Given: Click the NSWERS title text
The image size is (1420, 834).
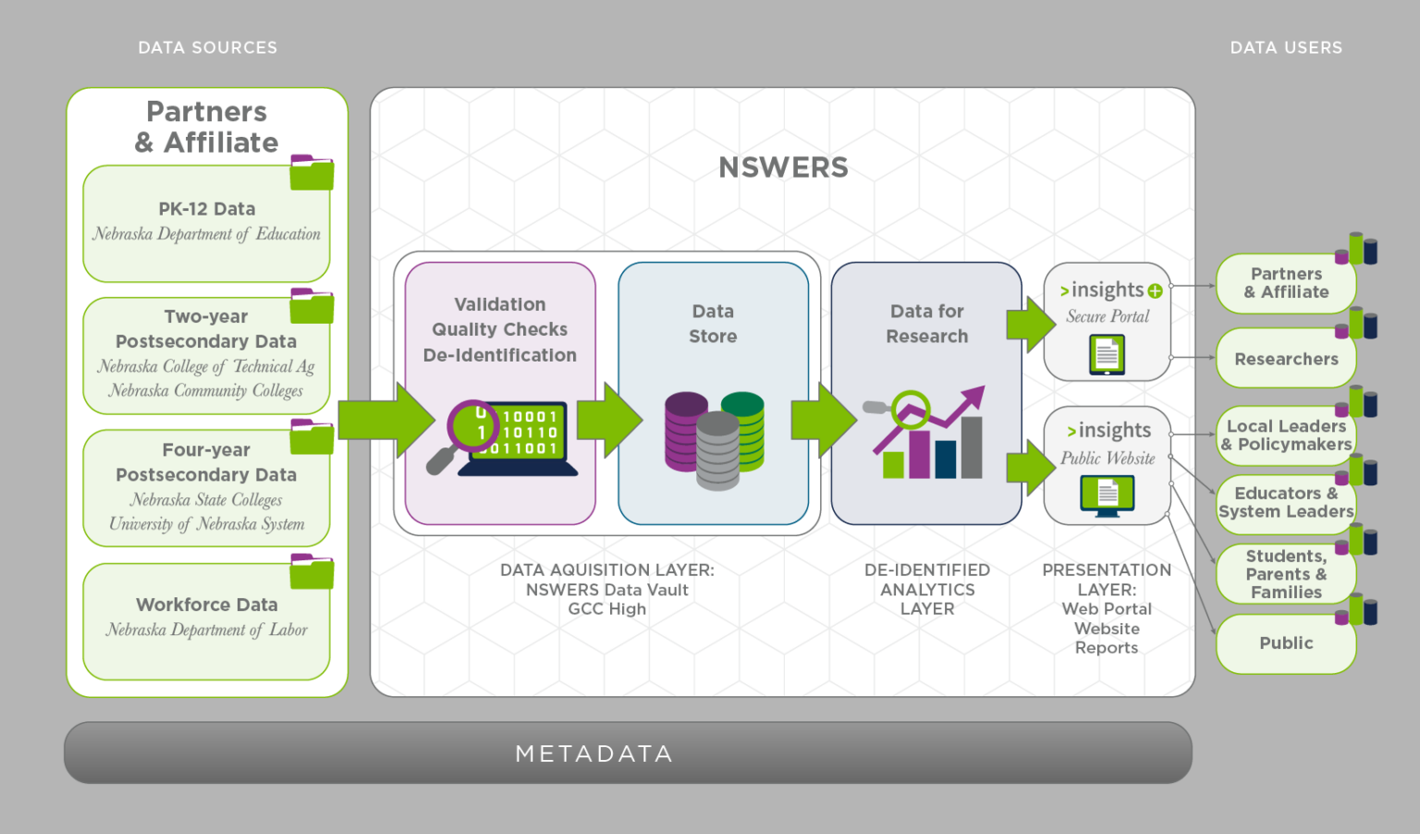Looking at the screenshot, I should (783, 167).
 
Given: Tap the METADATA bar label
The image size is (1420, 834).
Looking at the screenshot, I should (594, 754).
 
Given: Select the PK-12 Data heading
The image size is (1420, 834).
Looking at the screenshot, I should (206, 209).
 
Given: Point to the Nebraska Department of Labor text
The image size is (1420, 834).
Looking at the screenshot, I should (206, 630).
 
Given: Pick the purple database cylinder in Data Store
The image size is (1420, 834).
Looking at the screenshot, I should (685, 430).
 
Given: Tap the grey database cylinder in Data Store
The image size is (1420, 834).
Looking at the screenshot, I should (717, 451).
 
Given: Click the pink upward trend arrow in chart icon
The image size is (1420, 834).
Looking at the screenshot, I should (961, 407).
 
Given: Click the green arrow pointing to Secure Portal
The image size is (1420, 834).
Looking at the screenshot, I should (1030, 325).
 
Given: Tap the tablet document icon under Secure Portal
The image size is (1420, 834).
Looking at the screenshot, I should (1107, 354).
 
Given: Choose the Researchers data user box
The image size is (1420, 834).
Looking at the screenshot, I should (1285, 359).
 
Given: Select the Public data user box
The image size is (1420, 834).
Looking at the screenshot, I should (1285, 644).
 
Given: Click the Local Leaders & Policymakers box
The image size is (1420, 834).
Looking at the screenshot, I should (1285, 435).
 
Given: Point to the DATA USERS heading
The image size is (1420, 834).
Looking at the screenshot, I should (1285, 48).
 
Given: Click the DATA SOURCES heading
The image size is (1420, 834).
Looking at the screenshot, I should (207, 48).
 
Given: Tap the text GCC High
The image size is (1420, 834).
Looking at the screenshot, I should (606, 609).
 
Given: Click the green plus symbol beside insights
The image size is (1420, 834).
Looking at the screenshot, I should (1155, 291).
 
